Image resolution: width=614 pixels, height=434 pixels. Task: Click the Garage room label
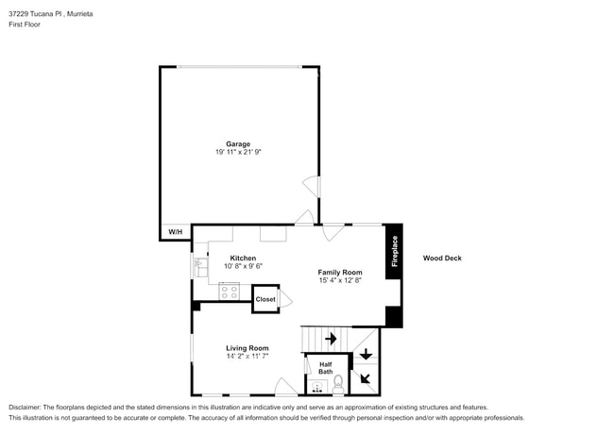[237, 143]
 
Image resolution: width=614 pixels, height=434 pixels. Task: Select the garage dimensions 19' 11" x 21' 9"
[237, 152]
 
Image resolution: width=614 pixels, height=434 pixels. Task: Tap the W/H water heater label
[175, 232]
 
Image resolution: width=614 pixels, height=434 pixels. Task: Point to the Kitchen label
[243, 258]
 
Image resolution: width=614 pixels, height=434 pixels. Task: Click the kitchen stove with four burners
[229, 292]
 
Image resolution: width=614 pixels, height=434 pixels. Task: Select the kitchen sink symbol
[200, 269]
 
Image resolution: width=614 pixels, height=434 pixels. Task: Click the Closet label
[265, 299]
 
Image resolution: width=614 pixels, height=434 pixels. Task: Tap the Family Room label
[339, 272]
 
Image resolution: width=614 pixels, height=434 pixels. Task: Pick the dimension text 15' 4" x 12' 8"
[339, 280]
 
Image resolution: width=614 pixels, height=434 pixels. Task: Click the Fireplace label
[394, 251]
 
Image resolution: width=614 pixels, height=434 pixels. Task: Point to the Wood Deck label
[441, 258]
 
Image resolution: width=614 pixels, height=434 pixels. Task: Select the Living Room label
[247, 347]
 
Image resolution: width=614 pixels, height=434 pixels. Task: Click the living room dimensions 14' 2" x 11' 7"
[247, 356]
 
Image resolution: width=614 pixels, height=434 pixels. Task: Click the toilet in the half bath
[338, 382]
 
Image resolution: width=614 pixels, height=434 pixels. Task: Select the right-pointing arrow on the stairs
[331, 338]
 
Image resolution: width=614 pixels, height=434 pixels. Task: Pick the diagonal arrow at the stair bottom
[365, 380]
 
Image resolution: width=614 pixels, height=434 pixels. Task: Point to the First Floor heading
[25, 25]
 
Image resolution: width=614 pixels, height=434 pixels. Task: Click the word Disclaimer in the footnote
[26, 408]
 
